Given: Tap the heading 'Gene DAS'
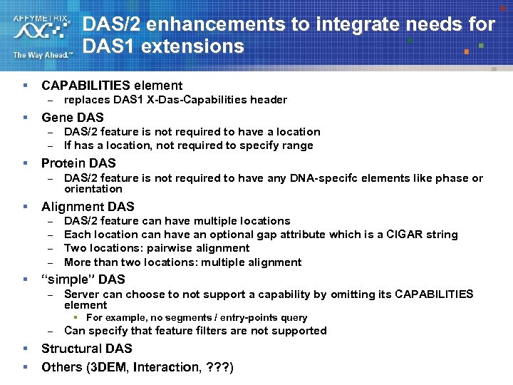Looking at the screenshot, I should coord(72,117).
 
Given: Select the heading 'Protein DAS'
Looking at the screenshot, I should coord(78,163).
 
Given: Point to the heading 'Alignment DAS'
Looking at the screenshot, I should coord(88,207).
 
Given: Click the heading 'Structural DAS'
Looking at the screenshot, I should coord(86,349).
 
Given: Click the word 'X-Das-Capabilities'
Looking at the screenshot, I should coord(195,100).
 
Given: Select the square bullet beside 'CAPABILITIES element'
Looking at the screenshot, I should coord(25,86).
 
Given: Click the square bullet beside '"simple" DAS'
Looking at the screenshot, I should coord(25,279).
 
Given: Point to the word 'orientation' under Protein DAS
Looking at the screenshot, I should coord(93,189).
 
